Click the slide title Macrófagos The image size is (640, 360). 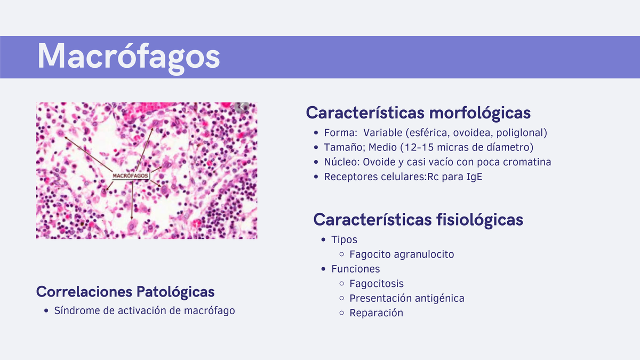point(129,56)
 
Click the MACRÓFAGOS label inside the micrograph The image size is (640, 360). point(131,175)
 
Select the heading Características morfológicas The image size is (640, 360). point(418,113)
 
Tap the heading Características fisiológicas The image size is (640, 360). point(418,219)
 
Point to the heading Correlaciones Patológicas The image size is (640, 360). point(125,292)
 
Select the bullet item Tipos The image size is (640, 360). point(344,239)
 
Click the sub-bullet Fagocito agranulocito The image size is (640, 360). point(402,254)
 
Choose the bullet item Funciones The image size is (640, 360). point(355,269)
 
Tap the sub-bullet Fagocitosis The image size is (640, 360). point(377,284)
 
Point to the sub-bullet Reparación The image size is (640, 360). point(376,313)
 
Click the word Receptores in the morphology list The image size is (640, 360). point(348,177)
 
